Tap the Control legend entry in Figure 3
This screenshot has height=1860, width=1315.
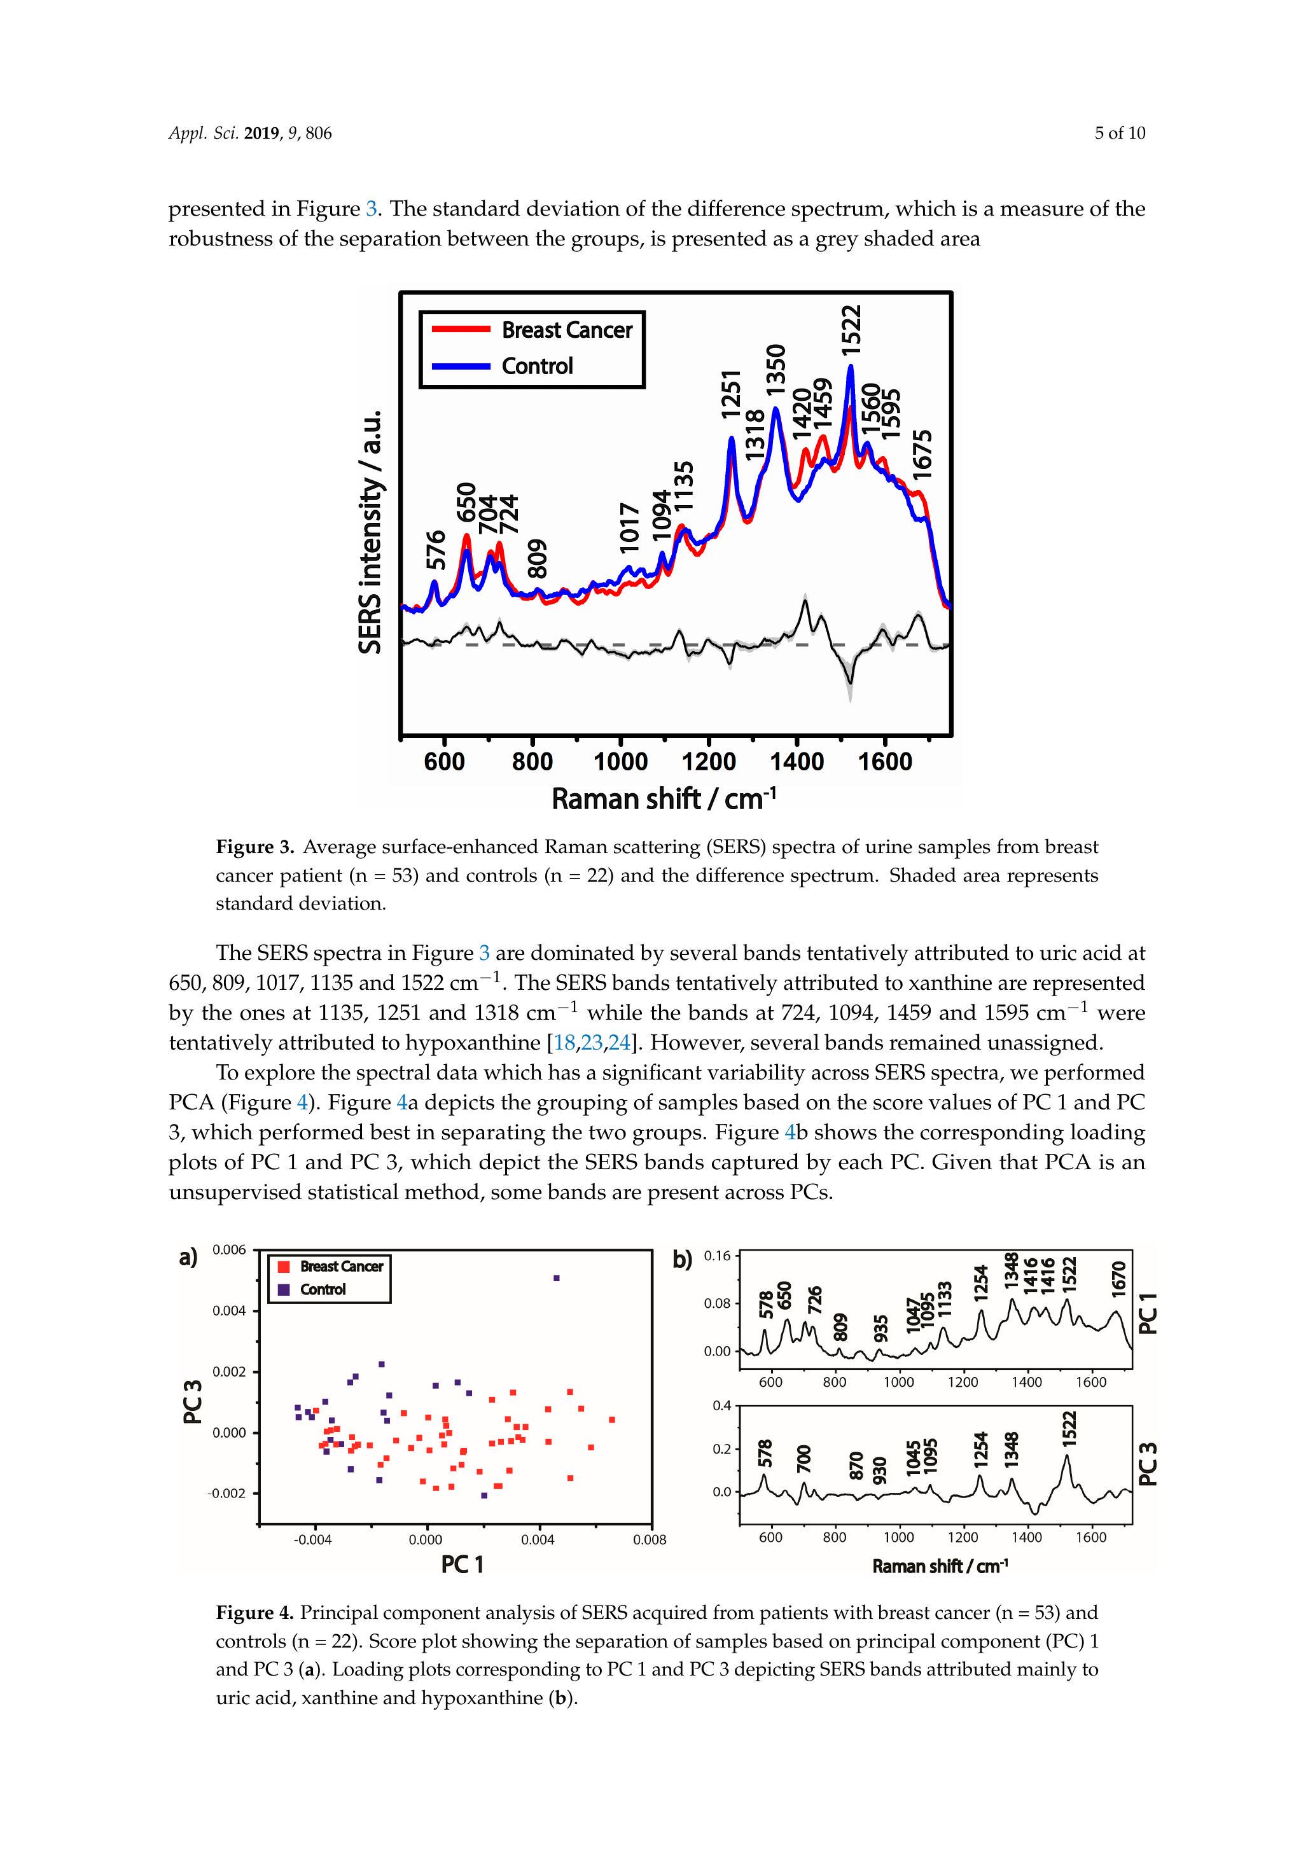pyautogui.click(x=536, y=366)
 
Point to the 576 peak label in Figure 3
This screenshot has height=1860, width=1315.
pyautogui.click(x=436, y=549)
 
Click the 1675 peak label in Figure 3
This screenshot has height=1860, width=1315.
pyautogui.click(x=923, y=454)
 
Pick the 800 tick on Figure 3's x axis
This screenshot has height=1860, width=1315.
pyautogui.click(x=532, y=761)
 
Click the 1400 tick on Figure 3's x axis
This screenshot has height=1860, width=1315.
pyautogui.click(x=797, y=761)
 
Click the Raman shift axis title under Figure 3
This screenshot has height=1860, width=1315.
pyautogui.click(x=664, y=799)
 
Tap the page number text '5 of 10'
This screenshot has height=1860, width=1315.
pyautogui.click(x=1120, y=134)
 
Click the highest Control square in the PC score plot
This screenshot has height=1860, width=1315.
pyautogui.click(x=557, y=1279)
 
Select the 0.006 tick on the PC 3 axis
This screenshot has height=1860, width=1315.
pyautogui.click(x=228, y=1250)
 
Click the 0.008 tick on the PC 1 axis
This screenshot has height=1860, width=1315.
pyautogui.click(x=650, y=1540)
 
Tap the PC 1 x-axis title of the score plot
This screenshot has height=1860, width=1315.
pyautogui.click(x=462, y=1564)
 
